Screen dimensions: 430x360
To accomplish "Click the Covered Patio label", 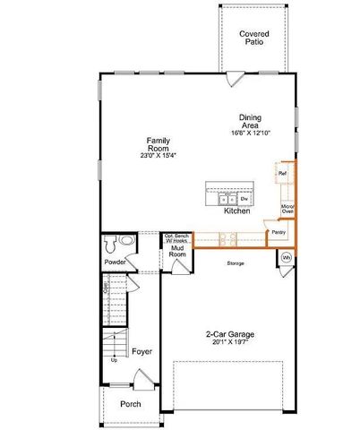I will coord(254,38).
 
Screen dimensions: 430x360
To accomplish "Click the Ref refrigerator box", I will coord(282,173).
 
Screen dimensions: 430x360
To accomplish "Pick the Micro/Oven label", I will coord(287,211).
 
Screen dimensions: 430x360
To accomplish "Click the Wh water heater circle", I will coord(287,258).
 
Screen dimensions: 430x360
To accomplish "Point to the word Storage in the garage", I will coord(236,263).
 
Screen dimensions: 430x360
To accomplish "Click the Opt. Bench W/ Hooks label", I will coord(176,238).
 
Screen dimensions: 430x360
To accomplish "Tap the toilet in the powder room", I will coord(111,243).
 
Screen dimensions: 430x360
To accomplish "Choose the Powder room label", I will coord(115,262).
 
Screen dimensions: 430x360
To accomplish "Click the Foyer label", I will coord(140,351).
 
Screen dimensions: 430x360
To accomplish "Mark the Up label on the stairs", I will coord(114,360).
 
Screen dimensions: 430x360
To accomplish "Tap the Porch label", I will coord(131,404).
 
